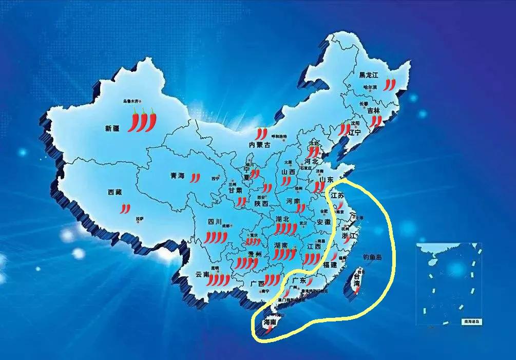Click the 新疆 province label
click(x=112, y=128)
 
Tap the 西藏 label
click(x=114, y=193)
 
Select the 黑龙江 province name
click(x=369, y=75)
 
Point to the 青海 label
click(x=177, y=176)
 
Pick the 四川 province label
click(x=214, y=222)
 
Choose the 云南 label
click(x=202, y=275)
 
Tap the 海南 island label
click(x=270, y=322)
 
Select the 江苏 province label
click(x=337, y=196)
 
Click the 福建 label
click(x=330, y=265)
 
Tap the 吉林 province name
click(x=373, y=110)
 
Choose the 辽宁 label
click(x=355, y=132)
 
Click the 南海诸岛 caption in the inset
click(x=471, y=321)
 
